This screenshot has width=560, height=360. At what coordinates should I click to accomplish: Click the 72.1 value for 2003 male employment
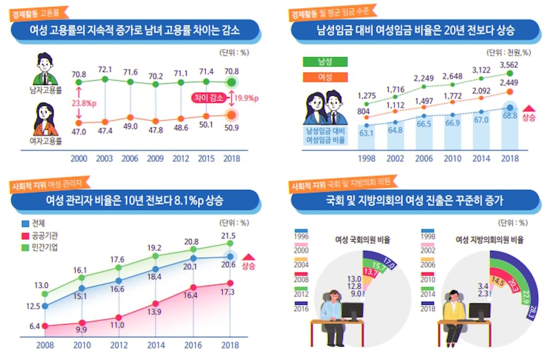tap(105, 69)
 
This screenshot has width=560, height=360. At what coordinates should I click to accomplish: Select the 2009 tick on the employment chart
tap(156, 158)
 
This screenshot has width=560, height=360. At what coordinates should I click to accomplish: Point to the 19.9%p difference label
tap(246, 98)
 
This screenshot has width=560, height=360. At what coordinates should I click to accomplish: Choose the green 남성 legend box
tap(324, 62)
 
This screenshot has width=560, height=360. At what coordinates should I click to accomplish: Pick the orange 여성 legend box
tap(324, 77)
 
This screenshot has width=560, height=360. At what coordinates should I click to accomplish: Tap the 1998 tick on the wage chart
tap(367, 158)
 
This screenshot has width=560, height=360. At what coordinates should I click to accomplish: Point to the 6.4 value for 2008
tap(35, 326)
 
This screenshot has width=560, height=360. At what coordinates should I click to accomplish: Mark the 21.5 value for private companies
tap(228, 236)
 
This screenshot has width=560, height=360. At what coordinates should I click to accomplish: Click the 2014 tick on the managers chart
tap(156, 345)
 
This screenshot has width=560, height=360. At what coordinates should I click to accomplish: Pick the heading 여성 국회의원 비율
tap(362, 240)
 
